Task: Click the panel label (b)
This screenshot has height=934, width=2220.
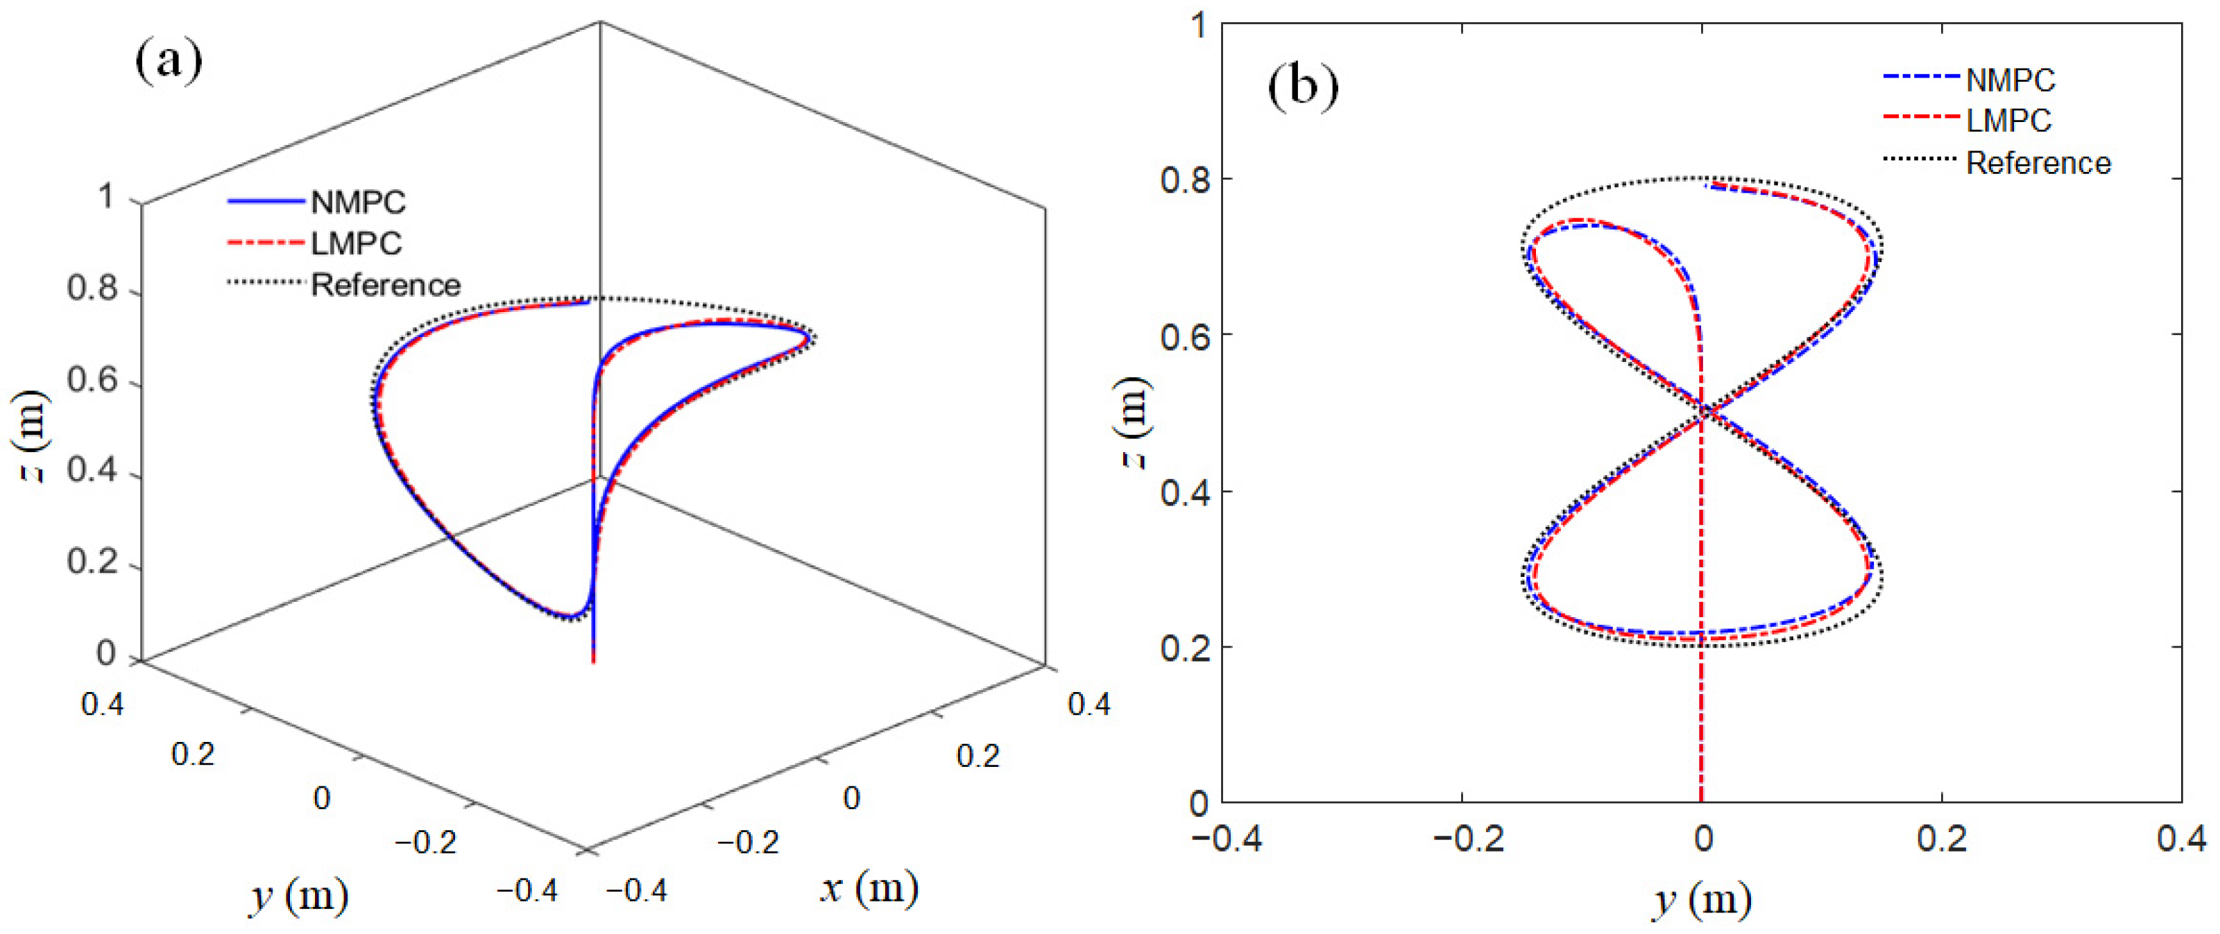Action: point(1302,88)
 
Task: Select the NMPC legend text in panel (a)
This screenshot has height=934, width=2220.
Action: point(358,202)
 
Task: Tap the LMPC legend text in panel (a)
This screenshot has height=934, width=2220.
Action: point(356,244)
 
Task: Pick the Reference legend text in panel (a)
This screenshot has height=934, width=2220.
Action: point(385,285)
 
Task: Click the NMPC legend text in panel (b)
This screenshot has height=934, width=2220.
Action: point(2010,81)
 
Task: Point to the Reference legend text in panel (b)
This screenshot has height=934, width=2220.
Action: point(2038,163)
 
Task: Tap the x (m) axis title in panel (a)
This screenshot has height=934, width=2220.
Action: point(869,888)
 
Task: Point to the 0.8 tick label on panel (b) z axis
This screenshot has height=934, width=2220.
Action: point(1185,180)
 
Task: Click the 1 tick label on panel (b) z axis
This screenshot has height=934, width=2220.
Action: point(1199,25)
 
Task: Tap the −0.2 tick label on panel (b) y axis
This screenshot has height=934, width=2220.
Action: point(1469,838)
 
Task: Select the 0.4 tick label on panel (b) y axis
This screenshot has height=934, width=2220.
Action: point(2180,838)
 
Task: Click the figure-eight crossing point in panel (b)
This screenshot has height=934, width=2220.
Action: point(1703,413)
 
